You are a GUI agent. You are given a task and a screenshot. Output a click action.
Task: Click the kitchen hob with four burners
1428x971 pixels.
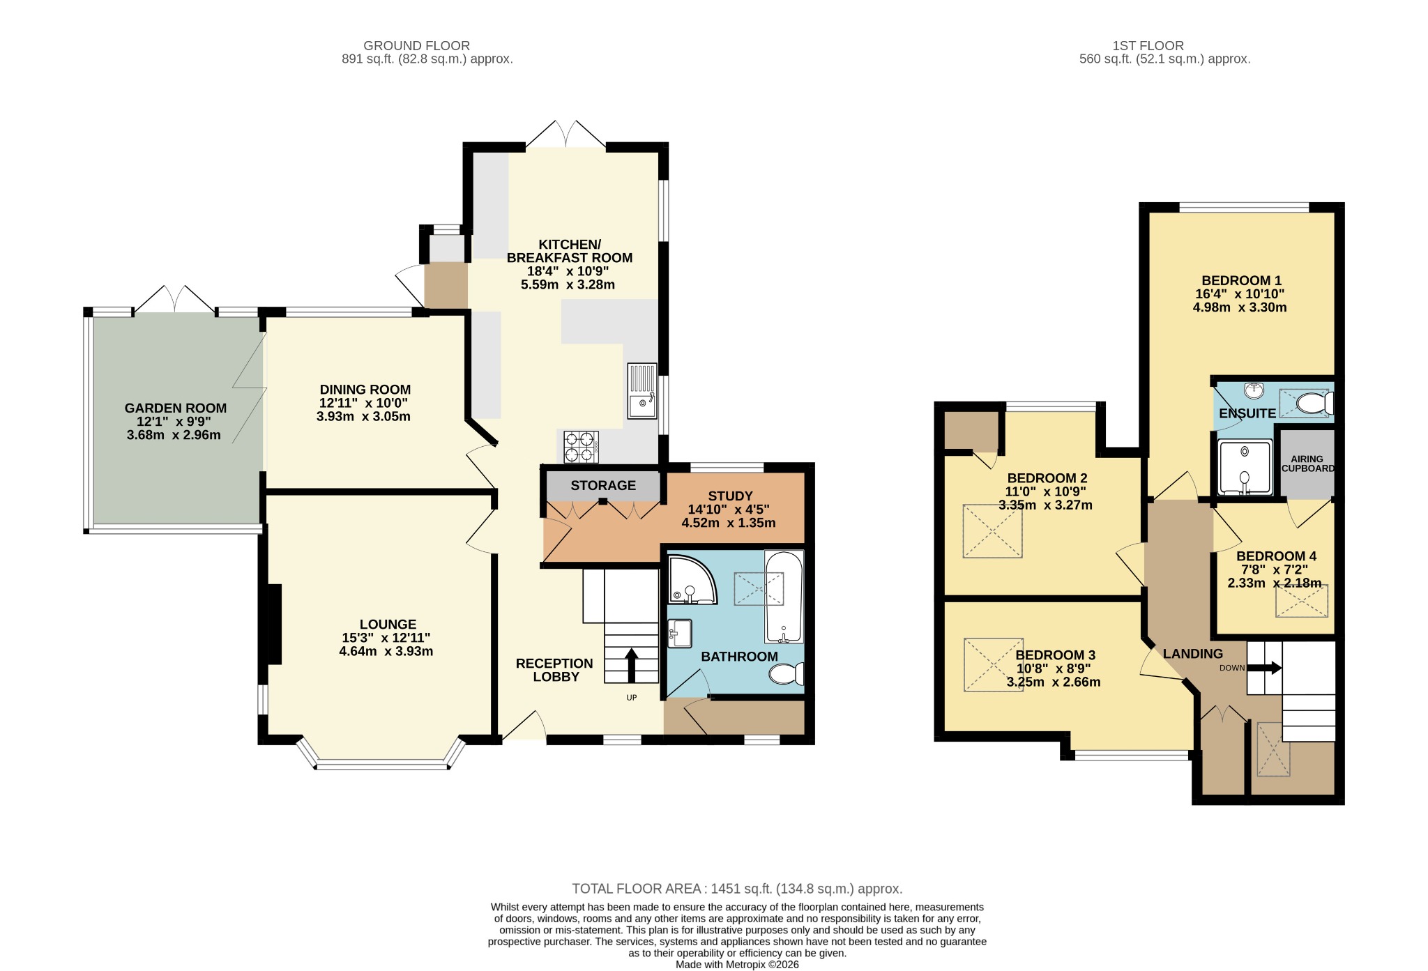tap(581, 447)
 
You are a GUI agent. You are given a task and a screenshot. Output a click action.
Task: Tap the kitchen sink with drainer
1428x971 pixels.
tap(642, 390)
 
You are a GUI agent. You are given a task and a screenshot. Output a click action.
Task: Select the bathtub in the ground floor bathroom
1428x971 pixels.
tap(784, 597)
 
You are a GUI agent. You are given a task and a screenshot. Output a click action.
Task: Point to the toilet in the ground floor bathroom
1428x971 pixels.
tap(787, 674)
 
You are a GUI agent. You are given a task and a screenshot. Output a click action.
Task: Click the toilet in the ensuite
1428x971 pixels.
tap(1315, 404)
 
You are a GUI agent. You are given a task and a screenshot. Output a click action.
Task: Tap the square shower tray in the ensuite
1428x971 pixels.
tap(1245, 467)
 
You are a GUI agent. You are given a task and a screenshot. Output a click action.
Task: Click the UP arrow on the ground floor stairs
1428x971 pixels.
tap(632, 666)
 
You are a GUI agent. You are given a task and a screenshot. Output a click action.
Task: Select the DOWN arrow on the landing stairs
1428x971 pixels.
tap(1264, 668)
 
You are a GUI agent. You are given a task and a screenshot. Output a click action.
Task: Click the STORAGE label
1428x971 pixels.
tap(603, 485)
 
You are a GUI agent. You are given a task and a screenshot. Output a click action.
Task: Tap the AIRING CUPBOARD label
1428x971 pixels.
tap(1307, 464)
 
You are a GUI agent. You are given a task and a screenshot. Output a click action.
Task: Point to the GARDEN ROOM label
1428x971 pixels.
tap(176, 408)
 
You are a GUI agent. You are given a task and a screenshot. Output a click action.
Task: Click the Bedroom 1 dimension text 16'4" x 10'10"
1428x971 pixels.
tap(1240, 294)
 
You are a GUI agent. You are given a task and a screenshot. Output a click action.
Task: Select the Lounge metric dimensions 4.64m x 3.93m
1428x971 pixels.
tap(386, 652)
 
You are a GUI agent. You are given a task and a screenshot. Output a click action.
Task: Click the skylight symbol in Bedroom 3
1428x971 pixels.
tap(994, 664)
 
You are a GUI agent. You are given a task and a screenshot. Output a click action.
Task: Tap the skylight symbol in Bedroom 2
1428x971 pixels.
tap(992, 531)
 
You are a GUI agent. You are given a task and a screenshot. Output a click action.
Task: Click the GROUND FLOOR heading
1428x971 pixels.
tap(417, 46)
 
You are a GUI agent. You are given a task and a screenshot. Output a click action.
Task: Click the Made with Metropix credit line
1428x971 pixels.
tap(737, 965)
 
